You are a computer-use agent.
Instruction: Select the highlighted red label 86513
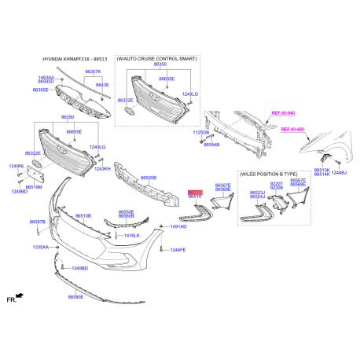click(x=195, y=191)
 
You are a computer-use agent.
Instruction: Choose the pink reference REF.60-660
click(x=292, y=128)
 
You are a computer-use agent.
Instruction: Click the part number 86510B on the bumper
click(x=83, y=215)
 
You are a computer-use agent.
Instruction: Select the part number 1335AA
click(x=40, y=247)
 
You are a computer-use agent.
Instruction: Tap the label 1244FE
click(x=178, y=249)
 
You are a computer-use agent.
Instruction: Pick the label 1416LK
click(x=131, y=235)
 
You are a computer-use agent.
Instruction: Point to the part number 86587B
click(x=38, y=222)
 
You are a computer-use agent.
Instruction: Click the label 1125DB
click(x=201, y=133)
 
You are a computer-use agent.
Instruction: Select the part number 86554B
click(x=211, y=145)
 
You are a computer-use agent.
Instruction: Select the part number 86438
click(x=103, y=84)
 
